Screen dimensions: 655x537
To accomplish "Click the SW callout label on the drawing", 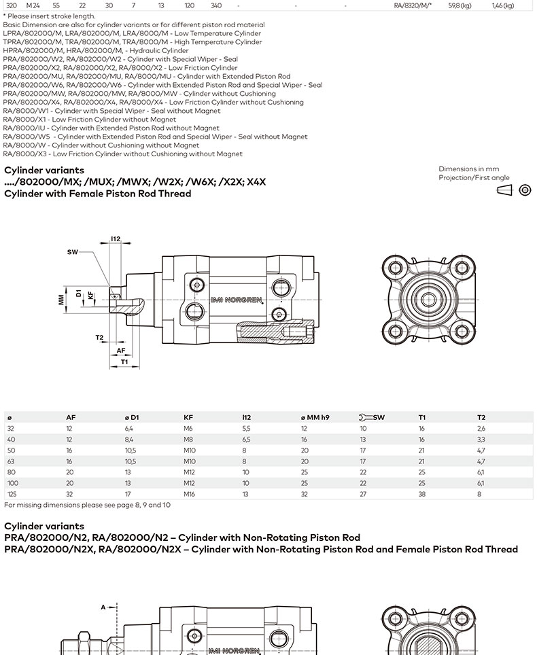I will point(72,252).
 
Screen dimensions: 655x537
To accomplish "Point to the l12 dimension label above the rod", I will point(116,239).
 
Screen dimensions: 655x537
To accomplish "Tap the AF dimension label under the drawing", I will point(121,350).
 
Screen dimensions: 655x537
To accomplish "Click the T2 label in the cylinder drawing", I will point(99,338).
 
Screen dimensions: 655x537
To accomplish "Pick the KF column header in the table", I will point(188,417).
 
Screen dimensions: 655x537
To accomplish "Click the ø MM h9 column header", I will point(315,417).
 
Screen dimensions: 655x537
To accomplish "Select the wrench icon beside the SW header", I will point(364,417).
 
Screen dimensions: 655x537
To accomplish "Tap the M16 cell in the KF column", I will point(189,494).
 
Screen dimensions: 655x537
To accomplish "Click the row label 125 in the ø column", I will point(12,494).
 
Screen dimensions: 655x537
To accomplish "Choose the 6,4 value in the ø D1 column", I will point(128,429).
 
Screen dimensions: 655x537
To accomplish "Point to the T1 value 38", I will point(422,494).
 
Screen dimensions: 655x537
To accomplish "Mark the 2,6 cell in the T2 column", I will point(481,429).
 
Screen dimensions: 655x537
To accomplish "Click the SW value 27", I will point(363,494).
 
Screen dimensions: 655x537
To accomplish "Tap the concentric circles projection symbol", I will point(525,190).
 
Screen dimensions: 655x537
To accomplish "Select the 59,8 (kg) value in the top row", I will point(460,5).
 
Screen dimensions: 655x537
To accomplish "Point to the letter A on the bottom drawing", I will point(103,607).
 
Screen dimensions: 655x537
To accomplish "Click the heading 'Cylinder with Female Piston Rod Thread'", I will point(97,194).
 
